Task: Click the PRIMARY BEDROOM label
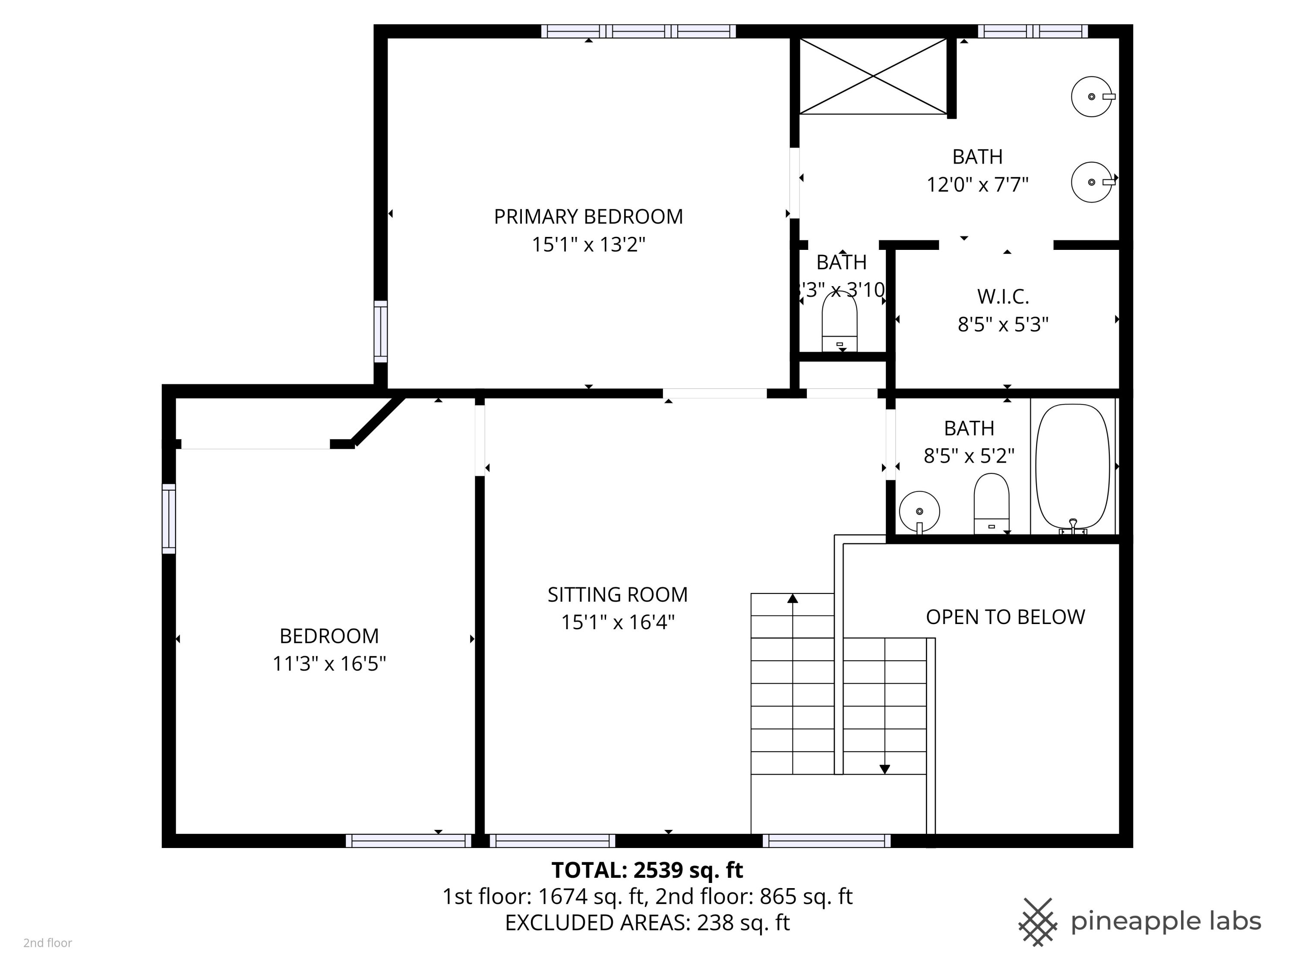coord(588,217)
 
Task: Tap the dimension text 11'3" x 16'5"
coord(329,664)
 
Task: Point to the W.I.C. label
coord(1002,297)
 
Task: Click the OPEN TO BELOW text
coord(1005,617)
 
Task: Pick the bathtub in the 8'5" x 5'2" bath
coord(1073,467)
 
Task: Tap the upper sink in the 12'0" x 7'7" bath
coord(1091,97)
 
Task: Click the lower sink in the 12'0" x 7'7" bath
coord(1091,182)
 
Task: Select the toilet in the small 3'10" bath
coord(840,323)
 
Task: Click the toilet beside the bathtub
coord(991,503)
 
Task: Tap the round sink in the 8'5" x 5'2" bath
coord(919,511)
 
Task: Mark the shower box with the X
coord(873,76)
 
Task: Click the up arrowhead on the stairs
coord(793,598)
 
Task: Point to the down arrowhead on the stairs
coord(884,769)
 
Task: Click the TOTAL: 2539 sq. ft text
coord(647,870)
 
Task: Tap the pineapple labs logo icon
coord(1037,922)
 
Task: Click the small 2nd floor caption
coord(47,943)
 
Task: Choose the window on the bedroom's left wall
coord(169,519)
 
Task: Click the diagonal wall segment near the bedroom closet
coord(378,421)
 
